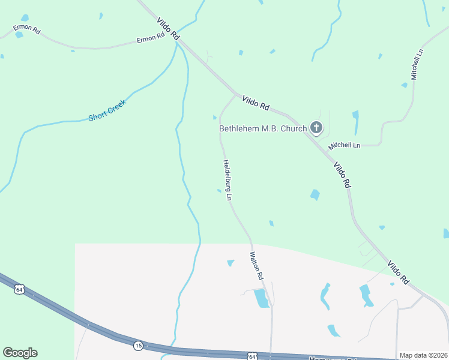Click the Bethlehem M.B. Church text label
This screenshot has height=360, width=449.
coord(263,128)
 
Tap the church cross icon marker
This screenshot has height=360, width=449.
coord(316,128)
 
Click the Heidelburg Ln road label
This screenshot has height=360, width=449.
coord(228,179)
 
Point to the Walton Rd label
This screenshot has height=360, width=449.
coord(256,266)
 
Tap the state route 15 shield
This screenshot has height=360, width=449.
coord(139,346)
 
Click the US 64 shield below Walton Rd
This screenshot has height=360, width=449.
coord(252,357)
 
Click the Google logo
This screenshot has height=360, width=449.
coord(20,353)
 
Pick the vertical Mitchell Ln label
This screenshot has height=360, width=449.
coord(417,65)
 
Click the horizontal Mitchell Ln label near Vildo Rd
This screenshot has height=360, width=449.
coord(344,146)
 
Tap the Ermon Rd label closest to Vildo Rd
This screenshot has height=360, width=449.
coord(151,38)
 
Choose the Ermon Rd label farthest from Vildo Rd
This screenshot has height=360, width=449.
coord(27,29)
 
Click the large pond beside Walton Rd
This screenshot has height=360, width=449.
coord(262,298)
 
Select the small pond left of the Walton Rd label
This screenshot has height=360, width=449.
coord(231,263)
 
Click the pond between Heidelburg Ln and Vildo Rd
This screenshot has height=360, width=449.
coord(315,194)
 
